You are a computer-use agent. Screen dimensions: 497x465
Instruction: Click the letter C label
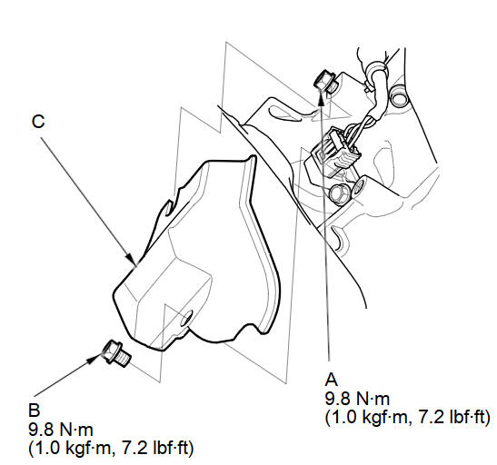tap(38, 122)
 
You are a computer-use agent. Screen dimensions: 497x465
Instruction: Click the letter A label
tap(332, 379)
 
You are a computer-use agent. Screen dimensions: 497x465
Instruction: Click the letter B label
tap(35, 410)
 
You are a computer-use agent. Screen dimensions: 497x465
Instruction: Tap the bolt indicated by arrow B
tap(116, 353)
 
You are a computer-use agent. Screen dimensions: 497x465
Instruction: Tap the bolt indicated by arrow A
tap(325, 82)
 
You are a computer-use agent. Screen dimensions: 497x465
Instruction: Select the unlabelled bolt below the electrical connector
tap(340, 193)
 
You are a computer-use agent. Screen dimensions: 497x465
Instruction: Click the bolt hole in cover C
tap(186, 318)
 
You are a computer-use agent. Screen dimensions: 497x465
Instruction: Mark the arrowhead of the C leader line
tap(132, 258)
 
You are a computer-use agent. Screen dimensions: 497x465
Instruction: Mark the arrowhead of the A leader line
tap(321, 97)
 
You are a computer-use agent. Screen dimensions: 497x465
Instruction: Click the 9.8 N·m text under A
tap(357, 399)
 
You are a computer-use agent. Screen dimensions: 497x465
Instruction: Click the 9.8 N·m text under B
tap(61, 430)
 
